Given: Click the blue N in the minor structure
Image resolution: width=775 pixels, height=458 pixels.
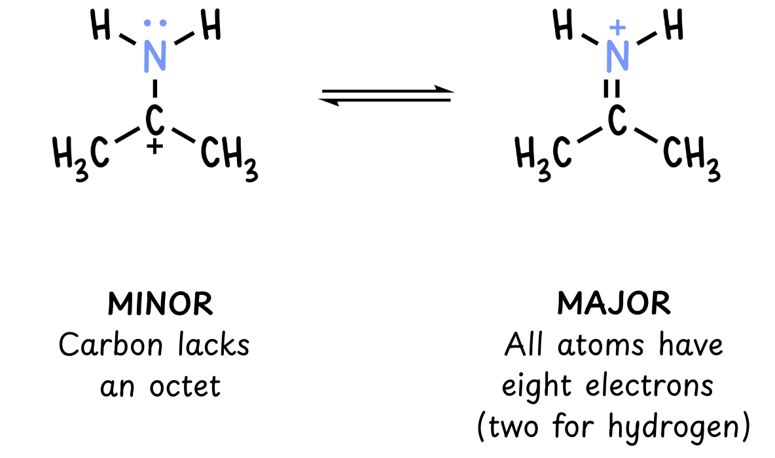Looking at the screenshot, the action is point(154,56).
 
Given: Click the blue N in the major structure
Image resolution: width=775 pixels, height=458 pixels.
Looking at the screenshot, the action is point(617,56).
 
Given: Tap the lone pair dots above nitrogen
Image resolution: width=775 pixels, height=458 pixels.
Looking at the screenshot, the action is point(154,23).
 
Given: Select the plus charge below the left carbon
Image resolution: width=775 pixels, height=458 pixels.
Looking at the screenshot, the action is point(154,147).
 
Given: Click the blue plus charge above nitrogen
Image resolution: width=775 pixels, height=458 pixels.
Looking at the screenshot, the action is point(617,27).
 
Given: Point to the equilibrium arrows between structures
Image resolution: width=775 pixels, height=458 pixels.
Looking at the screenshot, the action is point(386,96).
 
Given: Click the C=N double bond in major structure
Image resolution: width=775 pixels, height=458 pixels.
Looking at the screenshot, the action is point(612,89).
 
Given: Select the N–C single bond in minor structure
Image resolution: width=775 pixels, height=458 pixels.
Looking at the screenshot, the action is point(154,89).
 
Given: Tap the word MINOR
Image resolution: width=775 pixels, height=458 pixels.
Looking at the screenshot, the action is point(160,304).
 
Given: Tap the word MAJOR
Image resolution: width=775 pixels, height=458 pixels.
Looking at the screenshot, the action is point(614,303).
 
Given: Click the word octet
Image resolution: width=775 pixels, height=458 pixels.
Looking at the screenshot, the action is point(185,386).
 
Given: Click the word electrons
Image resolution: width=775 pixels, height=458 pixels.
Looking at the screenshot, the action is point(649,386).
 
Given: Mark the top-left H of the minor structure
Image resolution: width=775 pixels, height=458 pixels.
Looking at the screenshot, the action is point(101,25).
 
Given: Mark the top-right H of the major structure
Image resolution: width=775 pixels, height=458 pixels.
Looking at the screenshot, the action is point(674,25).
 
